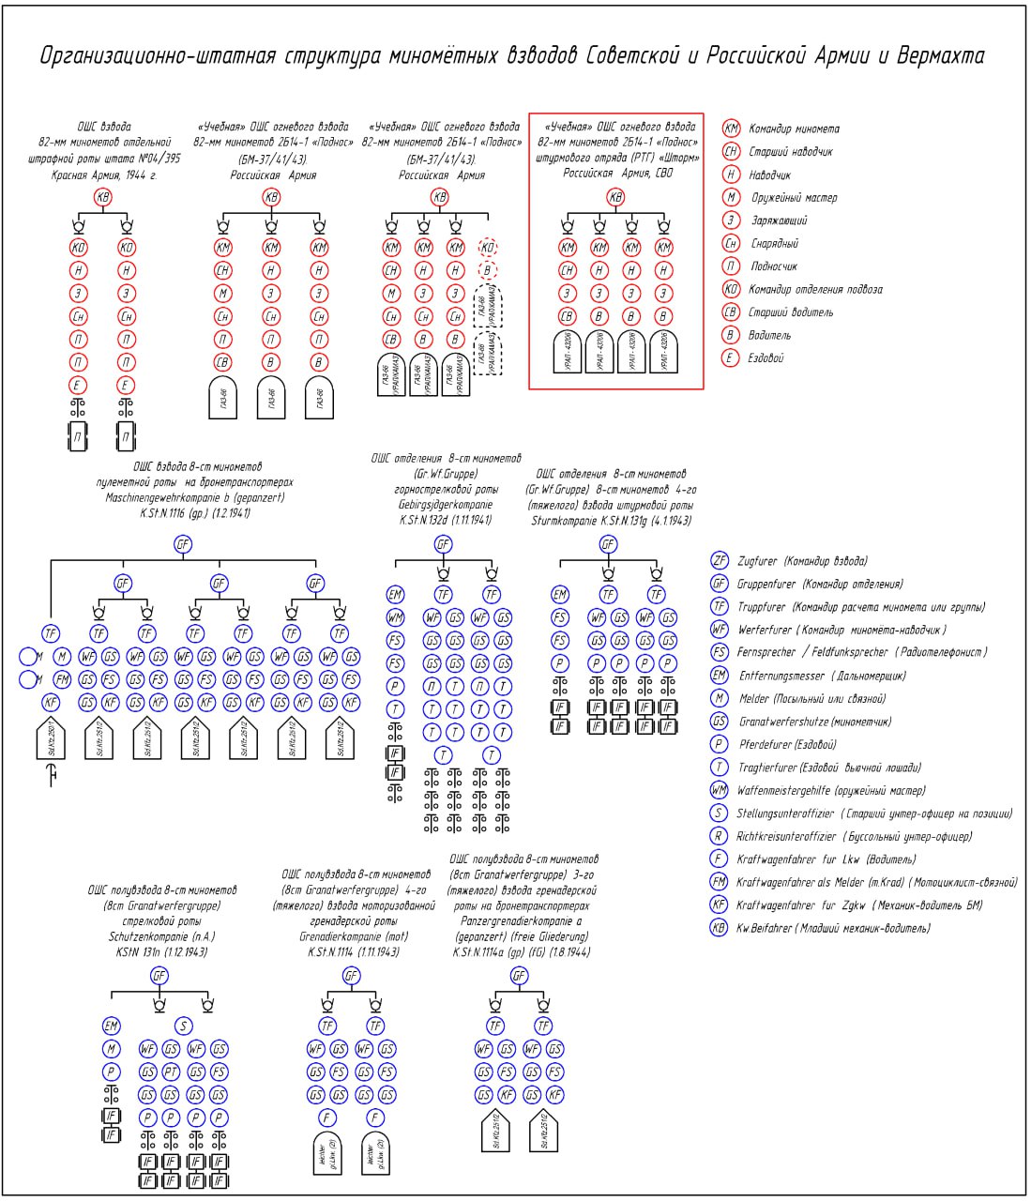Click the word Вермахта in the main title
(941, 56)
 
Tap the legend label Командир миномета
(794, 129)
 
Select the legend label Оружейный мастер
(794, 198)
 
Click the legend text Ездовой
(766, 358)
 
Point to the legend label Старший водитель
(791, 312)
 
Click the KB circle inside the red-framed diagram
(615, 198)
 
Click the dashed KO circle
(487, 248)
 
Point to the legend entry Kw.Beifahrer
(765, 929)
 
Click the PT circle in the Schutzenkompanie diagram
(171, 1072)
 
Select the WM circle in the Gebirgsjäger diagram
(395, 617)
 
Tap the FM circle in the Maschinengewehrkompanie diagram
(62, 678)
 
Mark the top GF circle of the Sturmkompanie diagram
(608, 544)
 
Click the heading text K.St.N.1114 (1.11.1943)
(354, 951)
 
